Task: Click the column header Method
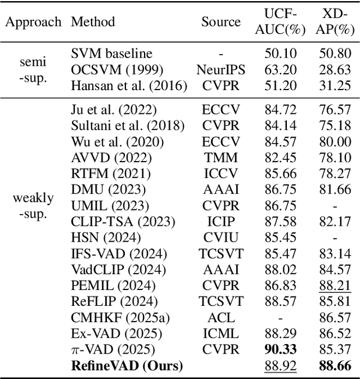(93, 22)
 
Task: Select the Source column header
(220, 22)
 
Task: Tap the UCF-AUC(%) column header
(281, 22)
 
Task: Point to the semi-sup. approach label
(31, 70)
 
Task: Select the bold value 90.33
(281, 349)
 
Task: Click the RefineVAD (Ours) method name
(127, 365)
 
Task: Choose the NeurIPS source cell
(220, 70)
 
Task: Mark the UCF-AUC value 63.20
(281, 70)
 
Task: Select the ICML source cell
(220, 333)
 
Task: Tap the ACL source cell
(220, 318)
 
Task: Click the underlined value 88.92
(281, 365)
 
